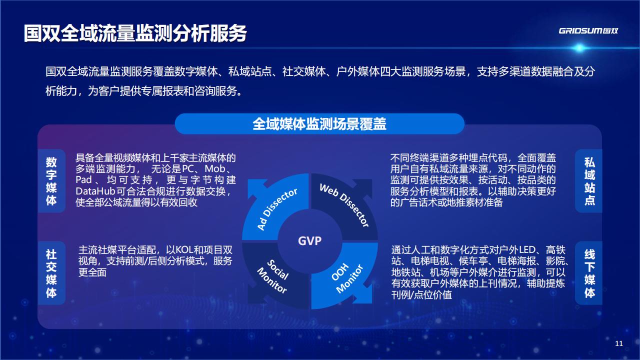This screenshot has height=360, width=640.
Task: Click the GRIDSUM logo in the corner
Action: click(588, 31)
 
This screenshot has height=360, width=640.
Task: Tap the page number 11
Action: click(619, 343)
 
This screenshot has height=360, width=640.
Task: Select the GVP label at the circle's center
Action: click(309, 241)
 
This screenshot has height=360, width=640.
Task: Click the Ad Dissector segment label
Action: click(277, 209)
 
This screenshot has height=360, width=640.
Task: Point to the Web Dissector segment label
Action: click(344, 205)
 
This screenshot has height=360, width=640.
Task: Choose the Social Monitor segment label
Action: click(273, 276)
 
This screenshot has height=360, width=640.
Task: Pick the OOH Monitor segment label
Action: click(347, 278)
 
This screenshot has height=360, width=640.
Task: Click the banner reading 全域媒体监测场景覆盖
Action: click(319, 124)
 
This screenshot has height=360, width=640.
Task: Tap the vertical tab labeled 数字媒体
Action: click(51, 181)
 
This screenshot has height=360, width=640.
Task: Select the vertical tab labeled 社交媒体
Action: click(51, 273)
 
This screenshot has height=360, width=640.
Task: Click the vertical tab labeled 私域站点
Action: click(589, 181)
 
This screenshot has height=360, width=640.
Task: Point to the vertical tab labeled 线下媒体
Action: click(589, 273)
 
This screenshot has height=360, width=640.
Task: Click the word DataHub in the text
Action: click(95, 191)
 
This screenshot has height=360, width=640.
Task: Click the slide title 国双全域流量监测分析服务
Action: click(135, 33)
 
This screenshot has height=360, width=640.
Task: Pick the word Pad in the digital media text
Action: click(83, 180)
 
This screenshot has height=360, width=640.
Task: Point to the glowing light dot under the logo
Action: click(579, 48)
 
